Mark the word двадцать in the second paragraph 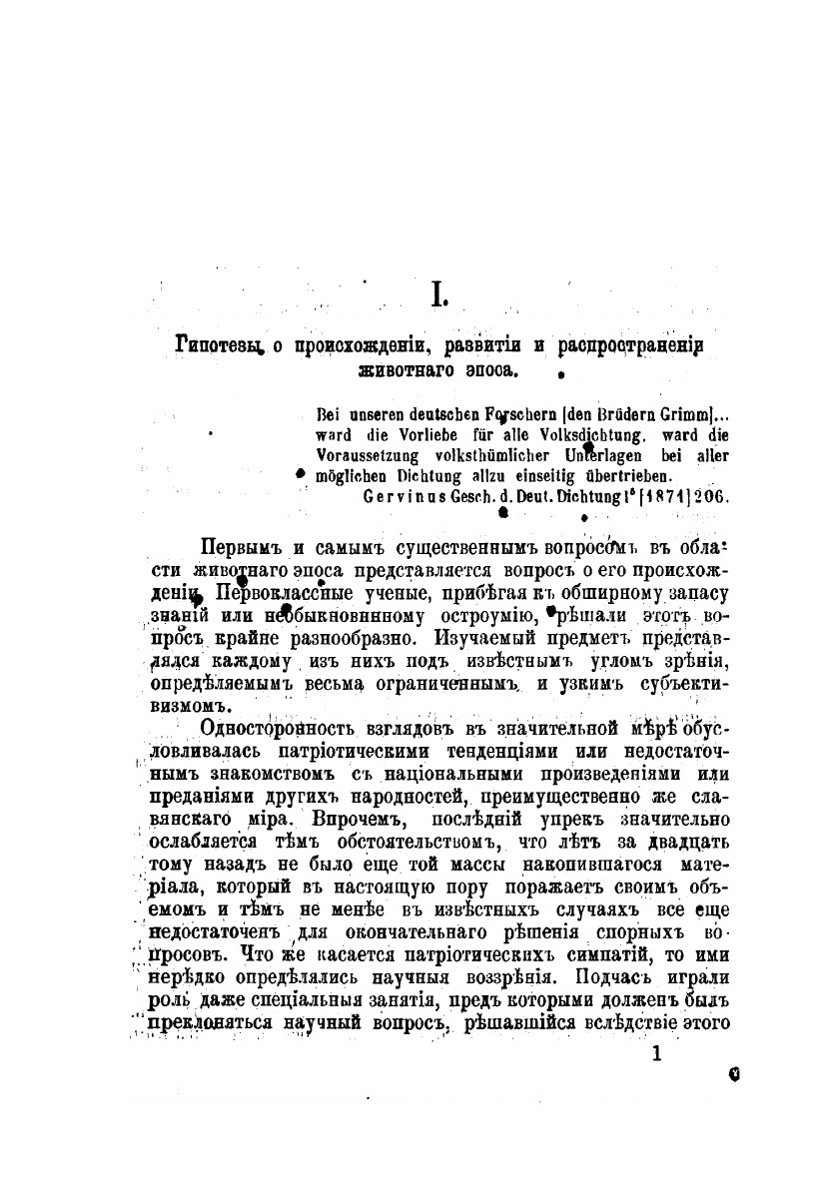click(681, 841)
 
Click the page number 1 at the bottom click(656, 1055)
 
